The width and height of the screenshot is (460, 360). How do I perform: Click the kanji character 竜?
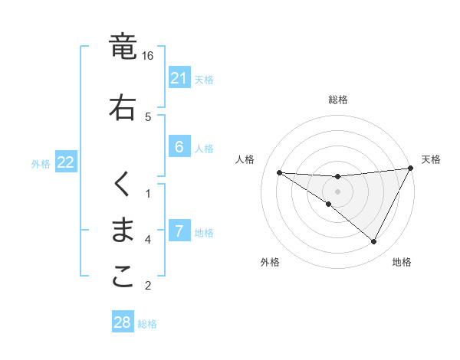tap(123, 47)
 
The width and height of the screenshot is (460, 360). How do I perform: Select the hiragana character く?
tap(123, 185)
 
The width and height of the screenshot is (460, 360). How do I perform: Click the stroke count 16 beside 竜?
tap(148, 56)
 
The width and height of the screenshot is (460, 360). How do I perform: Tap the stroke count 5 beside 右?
tap(148, 116)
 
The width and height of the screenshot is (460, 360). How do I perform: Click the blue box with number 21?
tap(179, 78)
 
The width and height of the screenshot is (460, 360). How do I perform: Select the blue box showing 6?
tap(179, 148)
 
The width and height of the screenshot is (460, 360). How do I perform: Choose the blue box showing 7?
tap(179, 231)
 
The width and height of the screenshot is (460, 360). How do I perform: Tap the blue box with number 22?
tap(65, 162)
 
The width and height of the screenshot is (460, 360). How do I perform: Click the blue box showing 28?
tap(123, 322)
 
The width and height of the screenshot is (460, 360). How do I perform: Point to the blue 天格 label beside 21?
tap(204, 79)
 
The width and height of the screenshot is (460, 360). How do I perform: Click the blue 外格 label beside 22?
tap(41, 163)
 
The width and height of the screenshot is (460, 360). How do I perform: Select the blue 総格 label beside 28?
tap(147, 323)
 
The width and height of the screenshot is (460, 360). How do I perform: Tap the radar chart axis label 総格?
tap(337, 100)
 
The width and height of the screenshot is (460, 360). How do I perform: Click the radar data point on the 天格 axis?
tap(410, 169)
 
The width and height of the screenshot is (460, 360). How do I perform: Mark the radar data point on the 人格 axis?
tap(279, 172)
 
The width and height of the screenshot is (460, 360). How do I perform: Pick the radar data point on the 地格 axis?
tap(374, 242)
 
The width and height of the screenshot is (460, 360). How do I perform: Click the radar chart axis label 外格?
tap(270, 262)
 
